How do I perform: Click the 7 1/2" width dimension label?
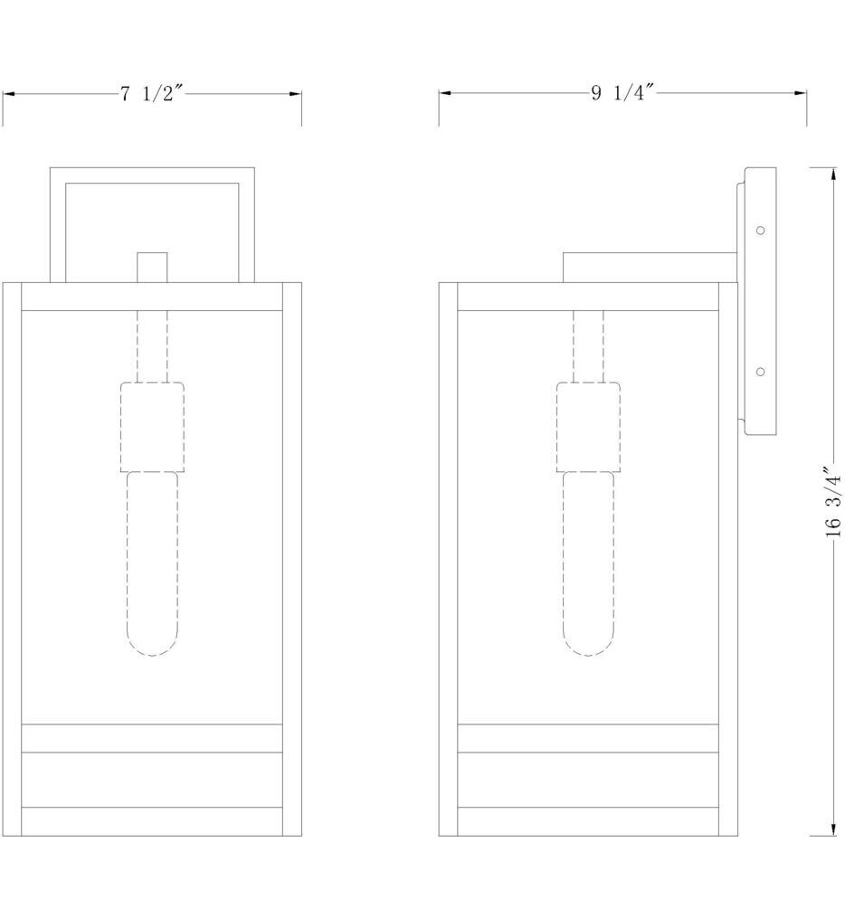point(152,94)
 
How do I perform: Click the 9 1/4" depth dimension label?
point(622,94)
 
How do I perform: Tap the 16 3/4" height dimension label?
point(833,503)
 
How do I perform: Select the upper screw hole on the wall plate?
point(761,231)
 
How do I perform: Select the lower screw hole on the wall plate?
point(761,371)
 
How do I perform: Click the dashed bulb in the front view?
point(152,561)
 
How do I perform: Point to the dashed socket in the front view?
point(152,427)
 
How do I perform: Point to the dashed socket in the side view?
point(588,427)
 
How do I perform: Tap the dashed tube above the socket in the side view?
point(588,346)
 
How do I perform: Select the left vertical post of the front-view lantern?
point(12,559)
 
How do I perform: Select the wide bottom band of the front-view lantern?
point(152,780)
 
